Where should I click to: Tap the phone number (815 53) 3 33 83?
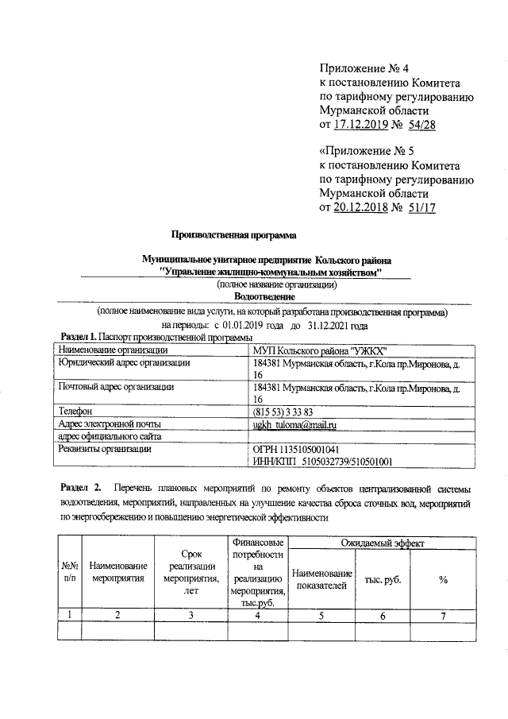point(283,412)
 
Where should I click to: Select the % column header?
point(443,580)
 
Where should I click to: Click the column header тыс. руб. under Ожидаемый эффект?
point(383,580)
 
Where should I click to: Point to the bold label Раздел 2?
point(81,486)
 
